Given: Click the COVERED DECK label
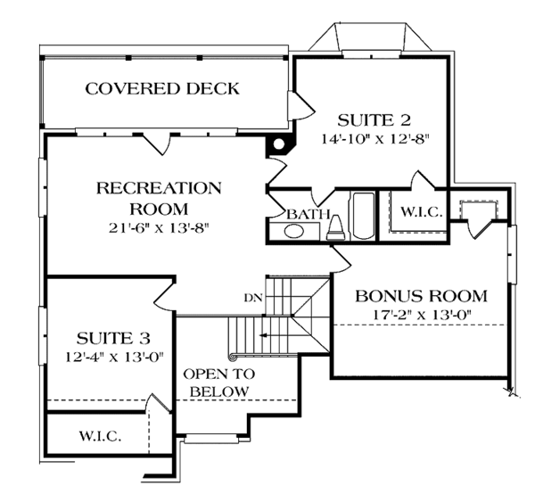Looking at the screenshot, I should (162, 88).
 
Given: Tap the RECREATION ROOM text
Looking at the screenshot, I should (159, 197).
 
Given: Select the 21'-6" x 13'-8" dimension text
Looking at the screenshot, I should (159, 227).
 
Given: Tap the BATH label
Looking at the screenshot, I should (309, 214).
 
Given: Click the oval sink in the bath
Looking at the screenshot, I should (293, 232).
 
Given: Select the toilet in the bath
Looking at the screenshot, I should (337, 229).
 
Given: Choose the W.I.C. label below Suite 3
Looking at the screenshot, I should (100, 437).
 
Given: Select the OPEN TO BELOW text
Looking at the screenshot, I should (219, 383).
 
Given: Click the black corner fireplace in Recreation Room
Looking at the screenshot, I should (279, 144).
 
